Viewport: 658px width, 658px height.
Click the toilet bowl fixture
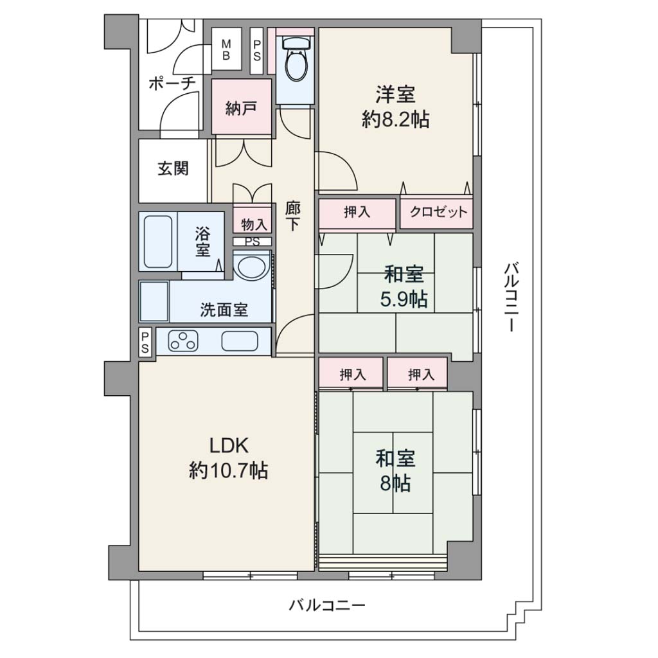pyautogui.click(x=296, y=58)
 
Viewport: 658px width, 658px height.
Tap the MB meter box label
pyautogui.click(x=226, y=49)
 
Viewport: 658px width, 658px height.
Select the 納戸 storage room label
pyautogui.click(x=242, y=108)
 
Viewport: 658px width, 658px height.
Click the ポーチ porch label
pyautogui.click(x=172, y=83)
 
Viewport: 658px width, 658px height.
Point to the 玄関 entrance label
pyautogui.click(x=173, y=169)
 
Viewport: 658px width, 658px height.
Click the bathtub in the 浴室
pyautogui.click(x=158, y=242)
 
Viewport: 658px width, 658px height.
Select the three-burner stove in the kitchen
pyautogui.click(x=183, y=341)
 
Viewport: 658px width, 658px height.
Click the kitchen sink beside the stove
pyautogui.click(x=240, y=341)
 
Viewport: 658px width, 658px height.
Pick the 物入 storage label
pyautogui.click(x=254, y=224)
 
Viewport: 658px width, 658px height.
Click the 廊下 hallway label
pyautogui.click(x=292, y=216)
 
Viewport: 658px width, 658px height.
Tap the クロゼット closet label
pyautogui.click(x=438, y=212)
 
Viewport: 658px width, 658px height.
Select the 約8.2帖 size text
pyautogui.click(x=396, y=120)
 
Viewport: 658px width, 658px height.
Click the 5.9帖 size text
pyautogui.click(x=404, y=299)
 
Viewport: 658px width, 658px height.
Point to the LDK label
pyautogui.click(x=229, y=446)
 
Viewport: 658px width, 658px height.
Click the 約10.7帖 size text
pyautogui.click(x=229, y=470)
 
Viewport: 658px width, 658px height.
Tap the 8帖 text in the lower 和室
pyautogui.click(x=395, y=483)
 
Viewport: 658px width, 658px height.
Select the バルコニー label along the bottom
pyautogui.click(x=327, y=605)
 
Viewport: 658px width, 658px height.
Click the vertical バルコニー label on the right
pyautogui.click(x=511, y=297)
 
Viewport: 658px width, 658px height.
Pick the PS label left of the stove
pyautogui.click(x=145, y=342)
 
